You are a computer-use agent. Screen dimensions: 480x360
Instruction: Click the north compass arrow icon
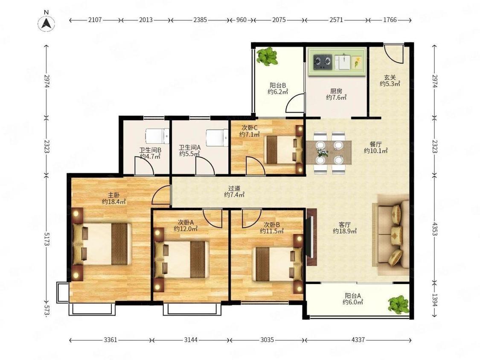coord(46,23)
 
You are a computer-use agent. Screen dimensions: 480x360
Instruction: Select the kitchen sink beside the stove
coord(342,62)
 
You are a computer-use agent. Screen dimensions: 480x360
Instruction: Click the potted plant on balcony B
coord(267,56)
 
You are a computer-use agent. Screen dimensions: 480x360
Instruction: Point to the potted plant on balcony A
coord(398,304)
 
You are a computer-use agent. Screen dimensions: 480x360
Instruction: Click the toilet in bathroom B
coord(157,136)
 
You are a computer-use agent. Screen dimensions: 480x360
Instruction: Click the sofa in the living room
coord(391,234)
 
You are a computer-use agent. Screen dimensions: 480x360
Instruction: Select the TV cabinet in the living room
coord(311,237)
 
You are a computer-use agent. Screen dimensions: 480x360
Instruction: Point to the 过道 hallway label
coord(234,189)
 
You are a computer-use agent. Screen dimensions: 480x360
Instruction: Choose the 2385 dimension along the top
coord(200,20)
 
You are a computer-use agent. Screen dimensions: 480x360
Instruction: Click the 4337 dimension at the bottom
coord(358,340)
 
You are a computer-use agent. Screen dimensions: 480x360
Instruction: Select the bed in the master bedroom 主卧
coord(102,244)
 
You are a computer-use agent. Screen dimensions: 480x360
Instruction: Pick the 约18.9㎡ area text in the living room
coord(345,231)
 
